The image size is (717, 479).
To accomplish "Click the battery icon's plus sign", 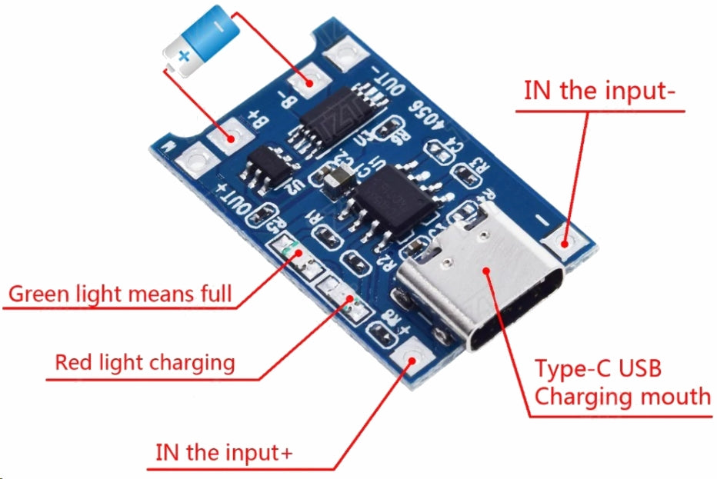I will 183,56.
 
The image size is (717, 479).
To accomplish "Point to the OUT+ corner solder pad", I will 195,161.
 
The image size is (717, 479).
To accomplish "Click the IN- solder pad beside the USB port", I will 565,242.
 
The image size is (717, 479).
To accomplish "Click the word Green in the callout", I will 39,294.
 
